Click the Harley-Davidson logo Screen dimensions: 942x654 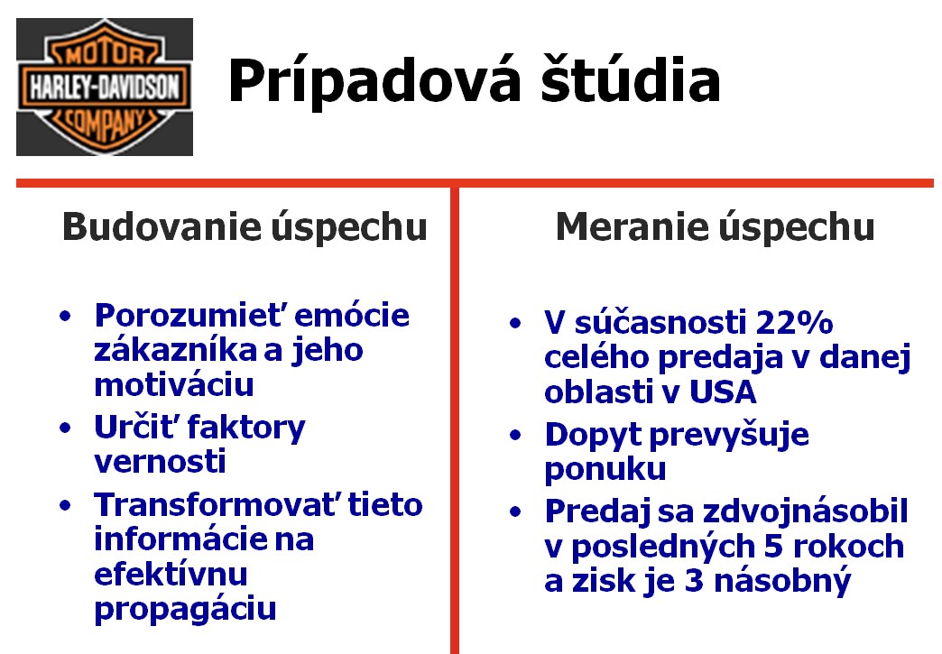(105, 88)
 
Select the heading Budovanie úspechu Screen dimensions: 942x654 (245, 227)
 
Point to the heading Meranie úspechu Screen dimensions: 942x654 (715, 227)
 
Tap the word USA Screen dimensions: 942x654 (722, 392)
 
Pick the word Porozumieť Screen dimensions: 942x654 (189, 316)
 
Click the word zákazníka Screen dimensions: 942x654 (173, 350)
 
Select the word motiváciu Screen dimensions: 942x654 (174, 385)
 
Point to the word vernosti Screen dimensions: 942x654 (160, 462)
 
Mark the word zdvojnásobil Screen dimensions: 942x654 (805, 511)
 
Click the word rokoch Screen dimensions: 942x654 (848, 547)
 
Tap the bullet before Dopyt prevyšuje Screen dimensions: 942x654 (515, 436)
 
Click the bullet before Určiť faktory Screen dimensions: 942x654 (65, 428)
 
